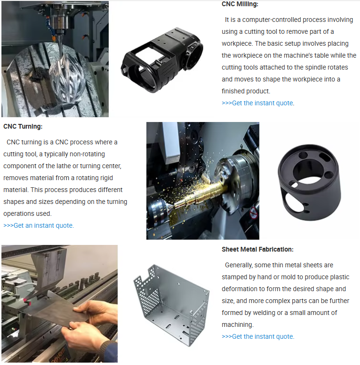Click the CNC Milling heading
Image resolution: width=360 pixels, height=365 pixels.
240,4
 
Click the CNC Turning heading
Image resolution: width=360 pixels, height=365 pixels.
23,126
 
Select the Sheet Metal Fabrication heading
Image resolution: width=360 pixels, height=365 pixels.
257,249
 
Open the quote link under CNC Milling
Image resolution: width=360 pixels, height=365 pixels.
258,103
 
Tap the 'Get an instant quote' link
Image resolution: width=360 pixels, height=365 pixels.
39,225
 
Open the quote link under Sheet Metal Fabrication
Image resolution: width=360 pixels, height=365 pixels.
258,336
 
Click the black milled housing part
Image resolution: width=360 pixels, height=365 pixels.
162,60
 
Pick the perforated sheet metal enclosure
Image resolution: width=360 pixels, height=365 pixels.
171,305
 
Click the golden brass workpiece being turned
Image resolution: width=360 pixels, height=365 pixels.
200,193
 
